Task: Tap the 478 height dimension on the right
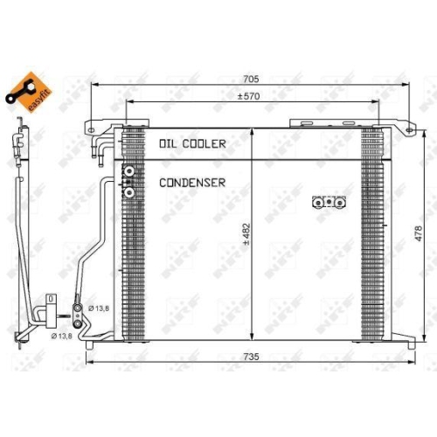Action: (x=420, y=230)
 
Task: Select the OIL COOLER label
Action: (x=192, y=143)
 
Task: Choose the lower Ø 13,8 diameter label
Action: (x=62, y=336)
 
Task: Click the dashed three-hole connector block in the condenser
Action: (x=329, y=203)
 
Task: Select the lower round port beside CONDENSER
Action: (x=129, y=191)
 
